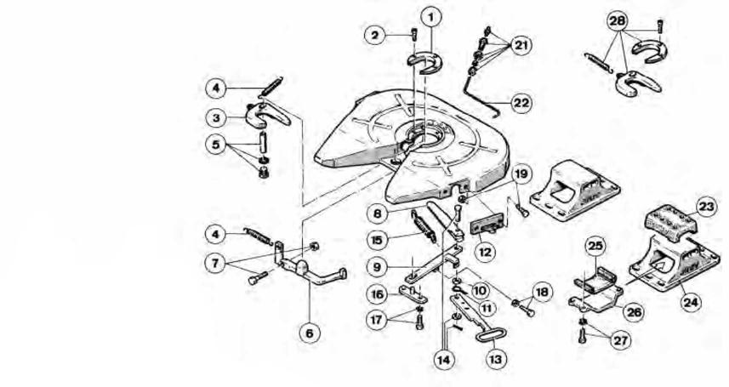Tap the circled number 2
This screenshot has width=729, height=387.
[x=375, y=35]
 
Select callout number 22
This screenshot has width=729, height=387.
[x=521, y=102]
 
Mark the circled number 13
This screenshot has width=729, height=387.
[x=496, y=358]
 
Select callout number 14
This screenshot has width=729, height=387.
[x=444, y=358]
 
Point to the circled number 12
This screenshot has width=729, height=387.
[x=484, y=252]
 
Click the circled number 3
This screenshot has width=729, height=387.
[x=218, y=117]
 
